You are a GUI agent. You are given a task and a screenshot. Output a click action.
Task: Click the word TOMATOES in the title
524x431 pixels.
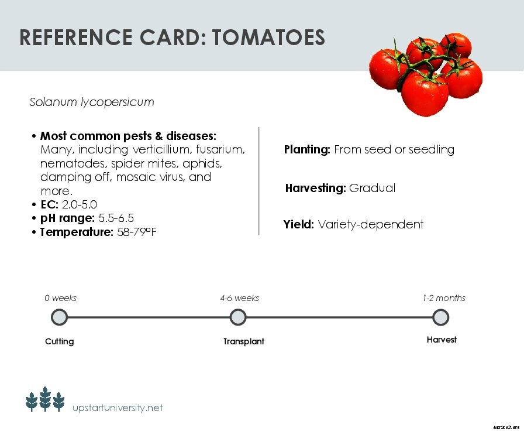[268, 37]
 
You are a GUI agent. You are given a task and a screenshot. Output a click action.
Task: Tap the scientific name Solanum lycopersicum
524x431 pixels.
[92, 102]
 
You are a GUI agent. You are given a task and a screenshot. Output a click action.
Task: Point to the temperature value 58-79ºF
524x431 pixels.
[137, 232]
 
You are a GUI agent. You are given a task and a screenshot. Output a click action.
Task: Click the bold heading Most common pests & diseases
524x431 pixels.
[128, 136]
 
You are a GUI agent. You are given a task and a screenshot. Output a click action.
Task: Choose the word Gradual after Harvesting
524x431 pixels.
[372, 189]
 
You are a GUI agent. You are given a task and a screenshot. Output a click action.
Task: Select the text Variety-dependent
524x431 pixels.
[370, 225]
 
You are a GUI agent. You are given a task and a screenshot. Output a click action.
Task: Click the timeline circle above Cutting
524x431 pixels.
[60, 317]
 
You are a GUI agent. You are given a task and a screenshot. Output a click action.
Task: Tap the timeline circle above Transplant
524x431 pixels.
[238, 317]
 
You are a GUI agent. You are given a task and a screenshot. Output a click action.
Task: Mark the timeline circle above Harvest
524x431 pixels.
[441, 317]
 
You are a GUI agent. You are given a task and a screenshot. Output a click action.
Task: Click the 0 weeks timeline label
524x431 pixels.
[61, 298]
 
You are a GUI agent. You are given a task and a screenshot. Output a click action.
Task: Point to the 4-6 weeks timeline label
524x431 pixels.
[239, 298]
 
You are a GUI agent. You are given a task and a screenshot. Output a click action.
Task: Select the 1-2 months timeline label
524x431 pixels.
[444, 298]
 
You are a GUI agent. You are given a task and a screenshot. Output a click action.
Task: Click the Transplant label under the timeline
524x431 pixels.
[244, 341]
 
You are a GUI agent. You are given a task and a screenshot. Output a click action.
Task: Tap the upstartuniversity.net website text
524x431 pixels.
[118, 408]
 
